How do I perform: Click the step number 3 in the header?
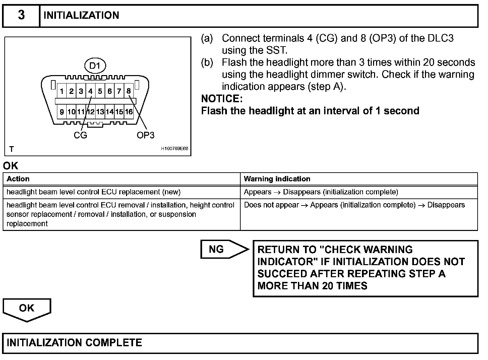pos(21,15)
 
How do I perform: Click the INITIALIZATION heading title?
pos(81,15)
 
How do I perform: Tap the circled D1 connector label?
pos(95,66)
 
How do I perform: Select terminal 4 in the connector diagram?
pos(90,91)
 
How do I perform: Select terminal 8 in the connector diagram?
pos(129,91)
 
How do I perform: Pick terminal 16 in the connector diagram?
pos(129,112)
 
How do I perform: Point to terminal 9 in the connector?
pos(62,112)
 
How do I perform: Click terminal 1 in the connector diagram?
pos(62,91)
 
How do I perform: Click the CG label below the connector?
pos(80,135)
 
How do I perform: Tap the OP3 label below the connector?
pos(145,135)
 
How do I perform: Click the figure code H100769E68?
pos(175,148)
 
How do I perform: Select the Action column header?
pos(18,179)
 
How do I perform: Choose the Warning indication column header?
pos(277,179)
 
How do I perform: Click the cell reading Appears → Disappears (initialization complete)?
pos(321,192)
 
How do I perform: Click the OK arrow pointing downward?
pos(27,309)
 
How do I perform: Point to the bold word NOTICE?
pos(222,99)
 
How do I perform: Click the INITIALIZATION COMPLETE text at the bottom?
pos(74,343)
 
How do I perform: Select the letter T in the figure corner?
pos(12,149)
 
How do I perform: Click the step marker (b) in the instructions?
pos(207,63)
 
